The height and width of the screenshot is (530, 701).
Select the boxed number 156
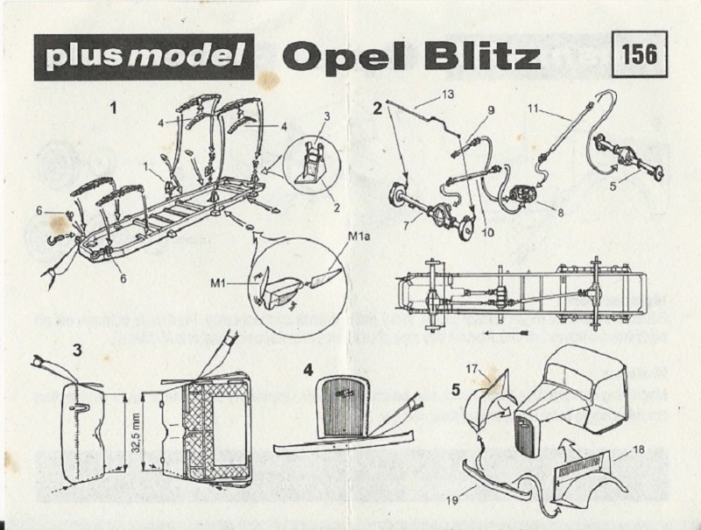(x=637, y=53)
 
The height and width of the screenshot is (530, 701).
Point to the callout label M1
(x=217, y=283)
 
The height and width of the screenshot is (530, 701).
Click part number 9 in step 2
(x=491, y=110)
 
